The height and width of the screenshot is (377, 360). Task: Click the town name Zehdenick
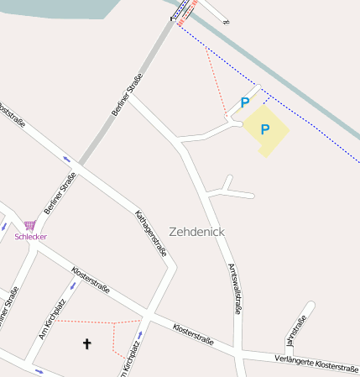pos(196,231)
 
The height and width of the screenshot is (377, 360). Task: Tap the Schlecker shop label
pos(31,237)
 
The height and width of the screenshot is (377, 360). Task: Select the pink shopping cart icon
pos(30,226)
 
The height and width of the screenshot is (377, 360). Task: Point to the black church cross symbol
pos(86,343)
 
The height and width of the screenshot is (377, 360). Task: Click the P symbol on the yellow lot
pos(265,129)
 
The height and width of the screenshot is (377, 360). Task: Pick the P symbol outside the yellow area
pos(245,102)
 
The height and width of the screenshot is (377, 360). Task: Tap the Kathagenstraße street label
pos(151,233)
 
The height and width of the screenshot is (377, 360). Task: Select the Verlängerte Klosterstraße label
pos(316,363)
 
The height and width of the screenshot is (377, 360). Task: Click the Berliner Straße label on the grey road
pos(127,95)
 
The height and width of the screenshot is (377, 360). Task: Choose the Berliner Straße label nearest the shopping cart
pos(60,194)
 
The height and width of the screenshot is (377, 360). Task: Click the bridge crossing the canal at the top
pos(186,12)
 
